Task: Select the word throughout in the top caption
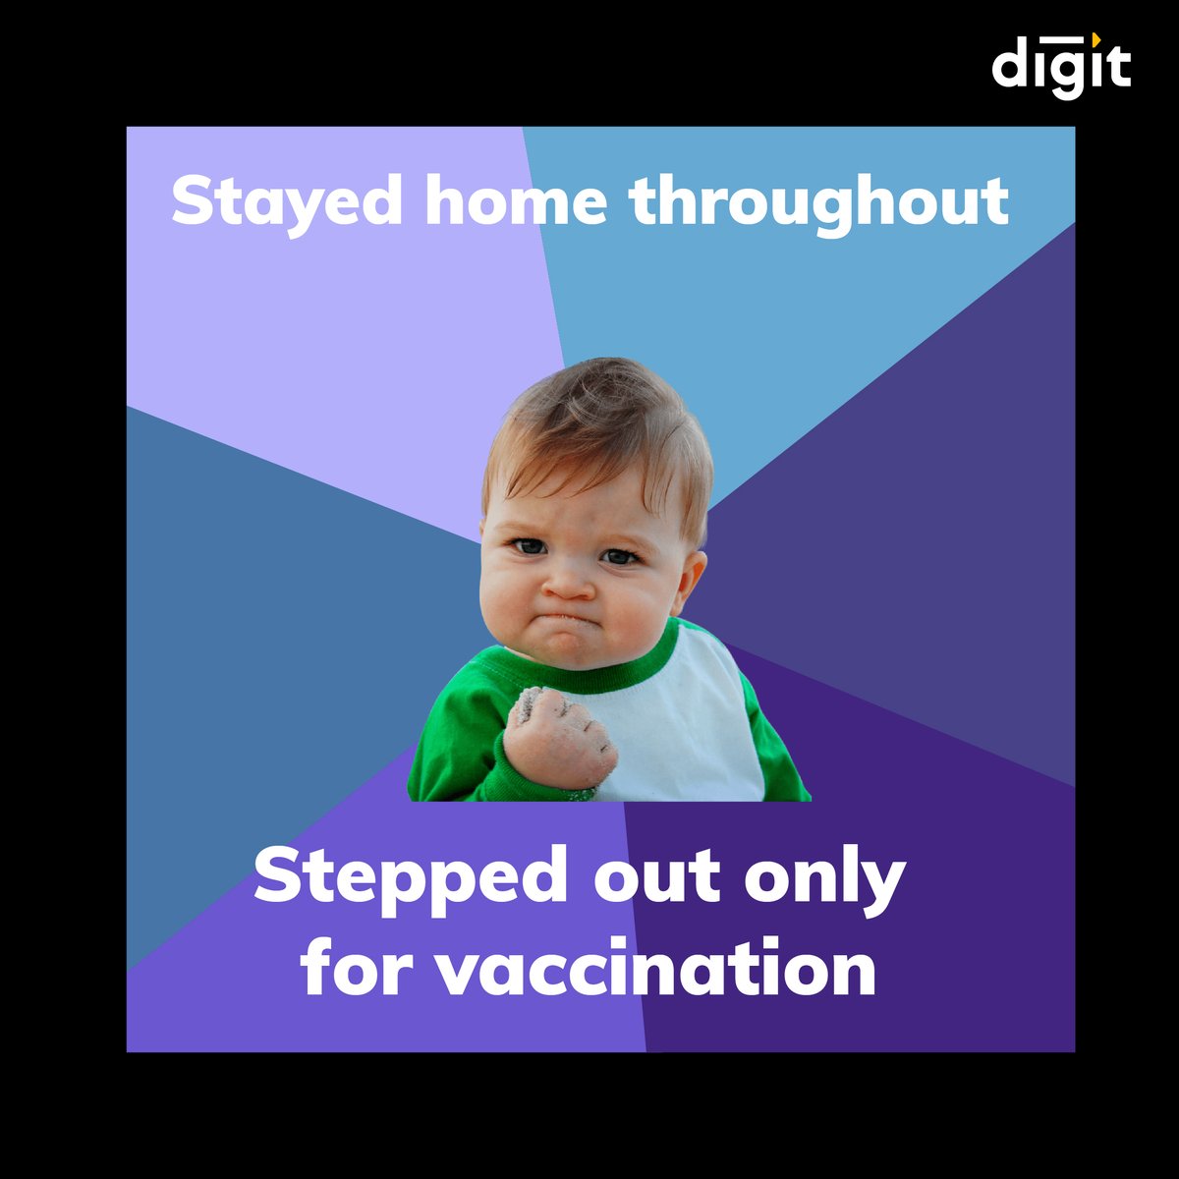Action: click(818, 201)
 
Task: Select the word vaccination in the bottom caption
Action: click(655, 968)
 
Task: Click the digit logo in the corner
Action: click(1061, 66)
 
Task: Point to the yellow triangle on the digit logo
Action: click(1095, 37)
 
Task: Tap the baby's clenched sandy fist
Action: click(558, 739)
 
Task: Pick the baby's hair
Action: click(599, 422)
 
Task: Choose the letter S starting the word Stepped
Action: click(275, 877)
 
